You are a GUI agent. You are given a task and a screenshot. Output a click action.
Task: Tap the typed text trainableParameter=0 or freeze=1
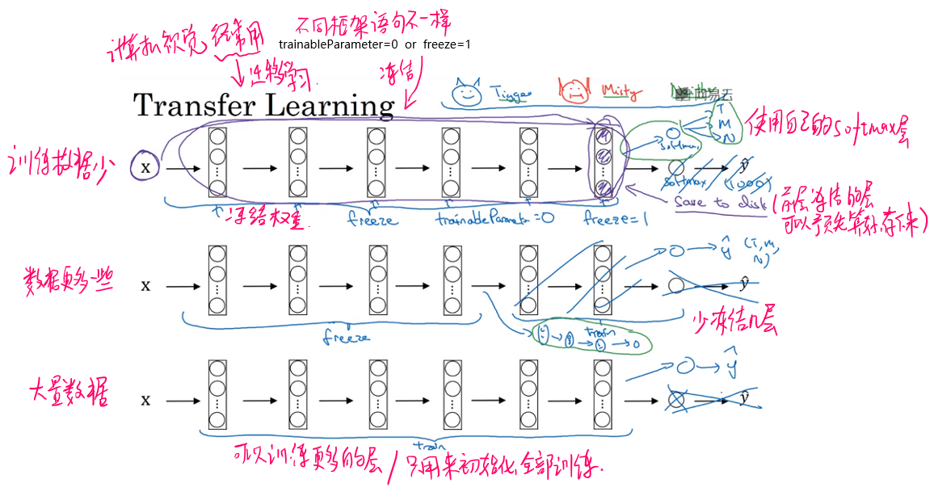pos(374,44)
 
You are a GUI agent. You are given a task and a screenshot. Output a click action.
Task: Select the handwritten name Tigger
pos(511,95)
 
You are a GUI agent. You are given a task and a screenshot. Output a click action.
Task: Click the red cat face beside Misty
pos(573,91)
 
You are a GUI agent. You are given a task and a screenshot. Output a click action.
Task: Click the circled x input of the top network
pos(146,168)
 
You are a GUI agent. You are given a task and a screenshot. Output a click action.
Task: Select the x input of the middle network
pos(146,285)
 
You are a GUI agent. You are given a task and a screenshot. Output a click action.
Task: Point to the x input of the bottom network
pos(146,400)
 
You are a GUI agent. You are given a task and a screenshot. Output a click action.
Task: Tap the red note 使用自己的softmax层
pos(826,128)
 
